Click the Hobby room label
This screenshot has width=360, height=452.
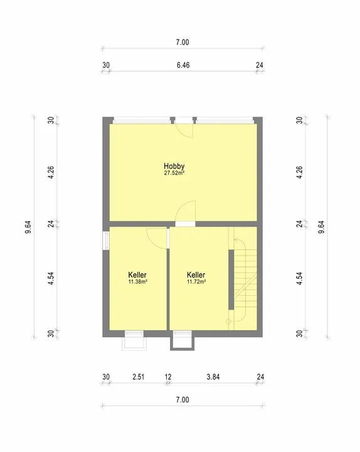[x=174, y=166]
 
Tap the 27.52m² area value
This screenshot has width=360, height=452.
[x=174, y=173]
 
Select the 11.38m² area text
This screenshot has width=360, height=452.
[x=137, y=282]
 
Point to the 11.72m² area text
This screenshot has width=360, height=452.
[x=196, y=282]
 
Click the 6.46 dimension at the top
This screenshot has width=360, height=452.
[x=183, y=65]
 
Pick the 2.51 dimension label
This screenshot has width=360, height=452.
[x=138, y=377]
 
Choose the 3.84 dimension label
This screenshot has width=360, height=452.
[x=213, y=377]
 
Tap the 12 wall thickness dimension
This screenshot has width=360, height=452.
[x=168, y=377]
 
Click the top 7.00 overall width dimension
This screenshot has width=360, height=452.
[x=183, y=43]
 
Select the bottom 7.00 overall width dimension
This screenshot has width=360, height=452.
[x=183, y=400]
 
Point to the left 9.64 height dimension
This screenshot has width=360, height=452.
[x=28, y=227]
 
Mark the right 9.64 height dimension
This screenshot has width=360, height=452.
[x=321, y=227]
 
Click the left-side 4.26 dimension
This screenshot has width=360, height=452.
[x=51, y=173]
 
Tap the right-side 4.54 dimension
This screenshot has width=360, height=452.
[x=300, y=279]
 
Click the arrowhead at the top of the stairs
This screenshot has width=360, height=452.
[x=236, y=239]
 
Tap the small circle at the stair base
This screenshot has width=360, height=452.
[x=228, y=321]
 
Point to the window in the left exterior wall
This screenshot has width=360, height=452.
[x=106, y=240]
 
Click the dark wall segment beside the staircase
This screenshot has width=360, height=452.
[x=231, y=279]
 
